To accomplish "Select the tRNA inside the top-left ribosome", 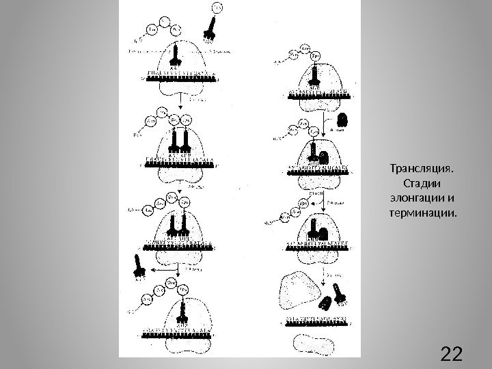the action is point(176,56).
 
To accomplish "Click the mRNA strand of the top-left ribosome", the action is point(179,78).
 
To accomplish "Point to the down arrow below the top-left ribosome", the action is point(179,102).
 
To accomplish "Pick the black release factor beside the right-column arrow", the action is point(343,120).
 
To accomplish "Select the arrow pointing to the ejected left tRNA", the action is point(159,271).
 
